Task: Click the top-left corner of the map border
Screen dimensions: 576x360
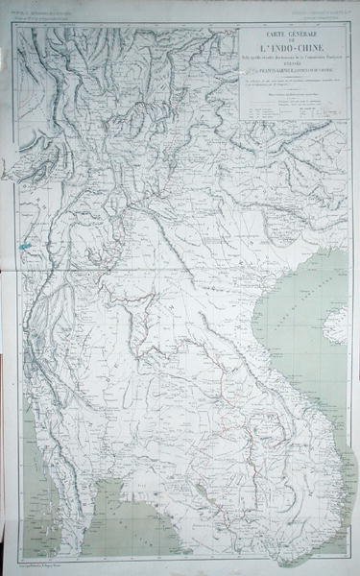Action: click(13, 21)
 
